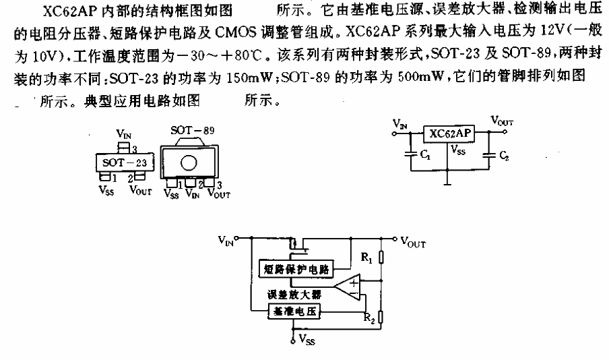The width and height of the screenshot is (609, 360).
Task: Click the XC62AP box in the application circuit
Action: [449, 133]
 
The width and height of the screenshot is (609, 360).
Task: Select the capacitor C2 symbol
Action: [488, 155]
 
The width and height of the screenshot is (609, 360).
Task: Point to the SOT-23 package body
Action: [125, 162]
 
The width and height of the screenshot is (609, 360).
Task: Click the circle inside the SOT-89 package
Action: [189, 163]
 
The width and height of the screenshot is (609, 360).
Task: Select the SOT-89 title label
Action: [192, 130]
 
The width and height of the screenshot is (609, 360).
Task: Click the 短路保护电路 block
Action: [296, 268]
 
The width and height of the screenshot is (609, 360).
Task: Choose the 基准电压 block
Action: [294, 311]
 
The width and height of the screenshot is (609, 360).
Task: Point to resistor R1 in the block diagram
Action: [381, 258]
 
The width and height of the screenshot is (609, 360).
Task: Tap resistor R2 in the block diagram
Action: [381, 318]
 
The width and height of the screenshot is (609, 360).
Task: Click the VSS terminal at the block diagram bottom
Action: [293, 341]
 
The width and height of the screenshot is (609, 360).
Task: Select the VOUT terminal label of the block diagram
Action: [413, 242]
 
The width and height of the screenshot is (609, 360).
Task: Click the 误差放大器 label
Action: [294, 295]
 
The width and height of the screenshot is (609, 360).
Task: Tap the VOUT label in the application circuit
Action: [502, 121]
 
